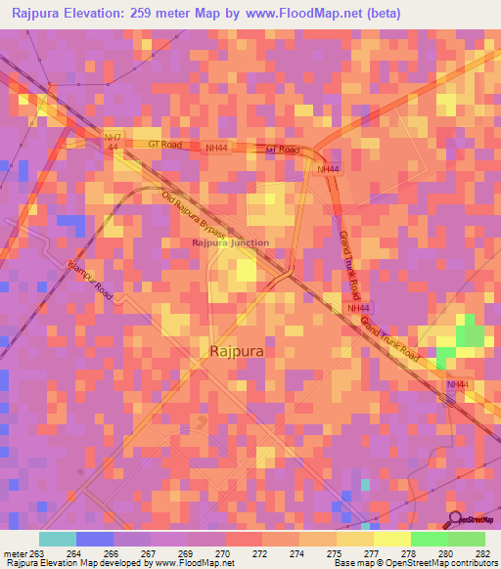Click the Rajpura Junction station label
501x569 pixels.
(x=230, y=242)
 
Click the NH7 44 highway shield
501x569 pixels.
(x=113, y=141)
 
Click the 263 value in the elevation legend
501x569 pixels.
(x=37, y=553)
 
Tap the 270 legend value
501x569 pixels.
(x=223, y=553)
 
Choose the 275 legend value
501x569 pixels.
(x=335, y=553)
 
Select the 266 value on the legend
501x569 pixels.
(x=112, y=553)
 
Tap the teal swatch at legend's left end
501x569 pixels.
(x=58, y=539)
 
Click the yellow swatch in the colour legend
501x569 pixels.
(x=391, y=539)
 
